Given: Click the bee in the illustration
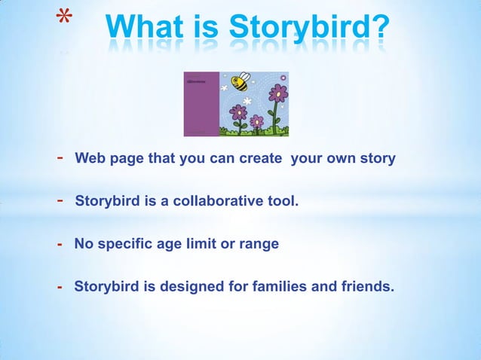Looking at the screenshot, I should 240,81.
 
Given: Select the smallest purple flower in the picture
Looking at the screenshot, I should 257,121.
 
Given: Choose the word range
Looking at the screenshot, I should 258,244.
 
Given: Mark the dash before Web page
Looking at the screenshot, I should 59,160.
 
